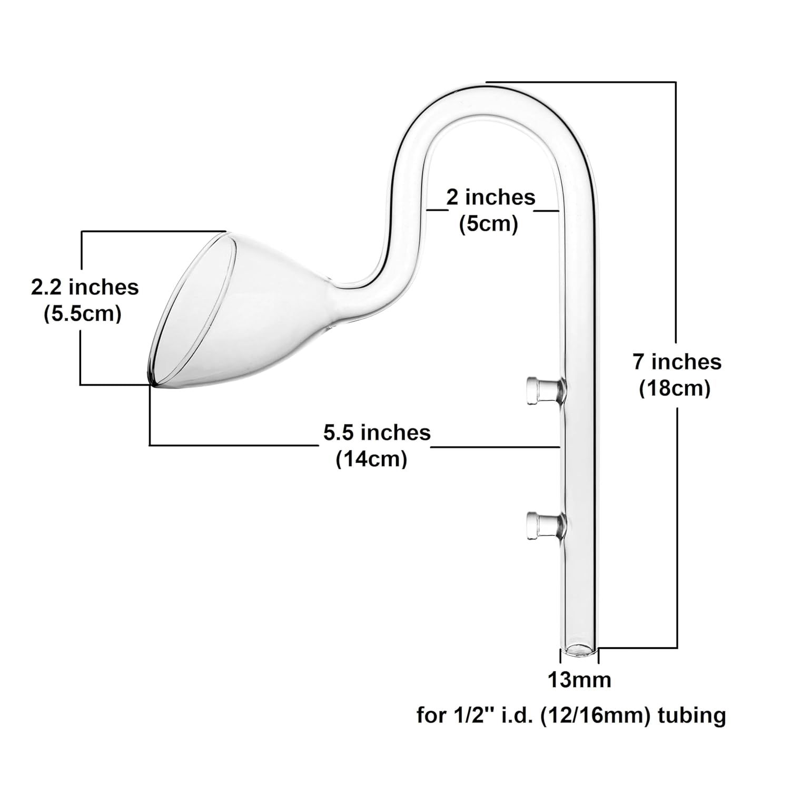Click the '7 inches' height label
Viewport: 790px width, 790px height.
677,362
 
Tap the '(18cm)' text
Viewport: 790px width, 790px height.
675,389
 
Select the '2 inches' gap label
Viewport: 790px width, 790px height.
490,197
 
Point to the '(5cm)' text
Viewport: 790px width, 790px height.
489,224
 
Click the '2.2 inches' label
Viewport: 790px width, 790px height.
85,288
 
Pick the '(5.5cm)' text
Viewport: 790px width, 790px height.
83,314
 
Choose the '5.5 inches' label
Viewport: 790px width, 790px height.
377,433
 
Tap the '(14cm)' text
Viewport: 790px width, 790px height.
372,459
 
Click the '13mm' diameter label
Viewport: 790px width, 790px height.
579,680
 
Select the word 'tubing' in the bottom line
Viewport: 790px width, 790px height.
692,715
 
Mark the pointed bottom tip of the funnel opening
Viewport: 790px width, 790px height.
151,383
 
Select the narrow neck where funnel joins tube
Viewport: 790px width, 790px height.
337,284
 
